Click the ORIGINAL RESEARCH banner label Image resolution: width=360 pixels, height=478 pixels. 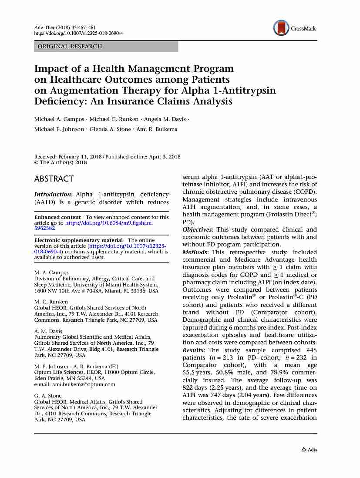[x=70, y=46]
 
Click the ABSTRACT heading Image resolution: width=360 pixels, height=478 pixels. [x=54, y=178]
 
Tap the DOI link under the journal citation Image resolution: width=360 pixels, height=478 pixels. [x=78, y=33]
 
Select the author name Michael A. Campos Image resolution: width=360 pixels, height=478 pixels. [x=59, y=119]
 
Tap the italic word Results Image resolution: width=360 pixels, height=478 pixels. [x=194, y=350]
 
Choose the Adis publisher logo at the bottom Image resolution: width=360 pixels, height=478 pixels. [x=309, y=449]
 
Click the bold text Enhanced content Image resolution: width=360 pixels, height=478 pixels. [x=57, y=217]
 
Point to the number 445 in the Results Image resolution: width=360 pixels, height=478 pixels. [x=311, y=350]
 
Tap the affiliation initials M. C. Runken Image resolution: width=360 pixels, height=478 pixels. [x=51, y=302]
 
